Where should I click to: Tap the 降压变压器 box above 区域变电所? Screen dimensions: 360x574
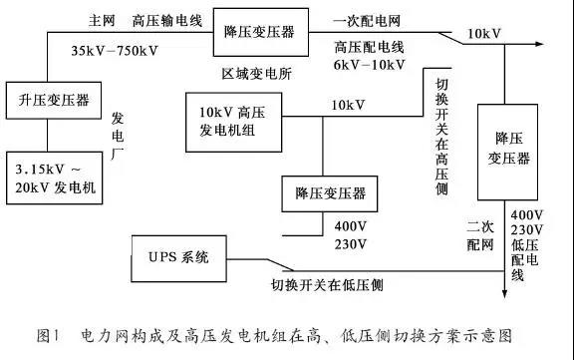coord(259,32)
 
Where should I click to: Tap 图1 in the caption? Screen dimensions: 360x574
coord(50,334)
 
